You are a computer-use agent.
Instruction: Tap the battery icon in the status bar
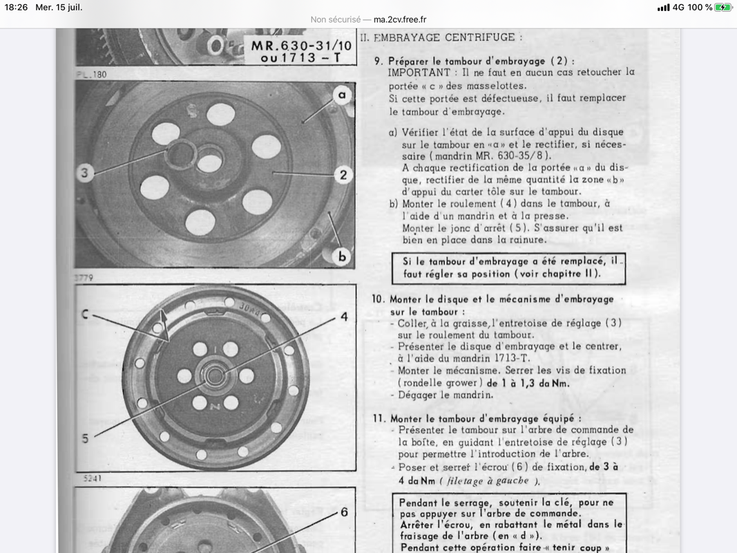722,8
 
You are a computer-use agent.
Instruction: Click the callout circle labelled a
342,95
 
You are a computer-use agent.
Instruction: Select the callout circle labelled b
342,256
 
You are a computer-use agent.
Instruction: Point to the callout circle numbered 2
343,175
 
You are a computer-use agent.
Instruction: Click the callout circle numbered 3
85,173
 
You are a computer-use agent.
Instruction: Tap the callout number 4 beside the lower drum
344,317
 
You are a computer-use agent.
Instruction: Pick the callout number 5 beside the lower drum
85,438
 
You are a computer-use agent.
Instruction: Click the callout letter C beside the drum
85,315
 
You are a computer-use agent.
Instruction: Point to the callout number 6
343,512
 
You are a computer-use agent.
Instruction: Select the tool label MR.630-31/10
301,46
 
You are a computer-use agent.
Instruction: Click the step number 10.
378,299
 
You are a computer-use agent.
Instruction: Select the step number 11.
378,418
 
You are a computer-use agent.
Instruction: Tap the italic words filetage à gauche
487,480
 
